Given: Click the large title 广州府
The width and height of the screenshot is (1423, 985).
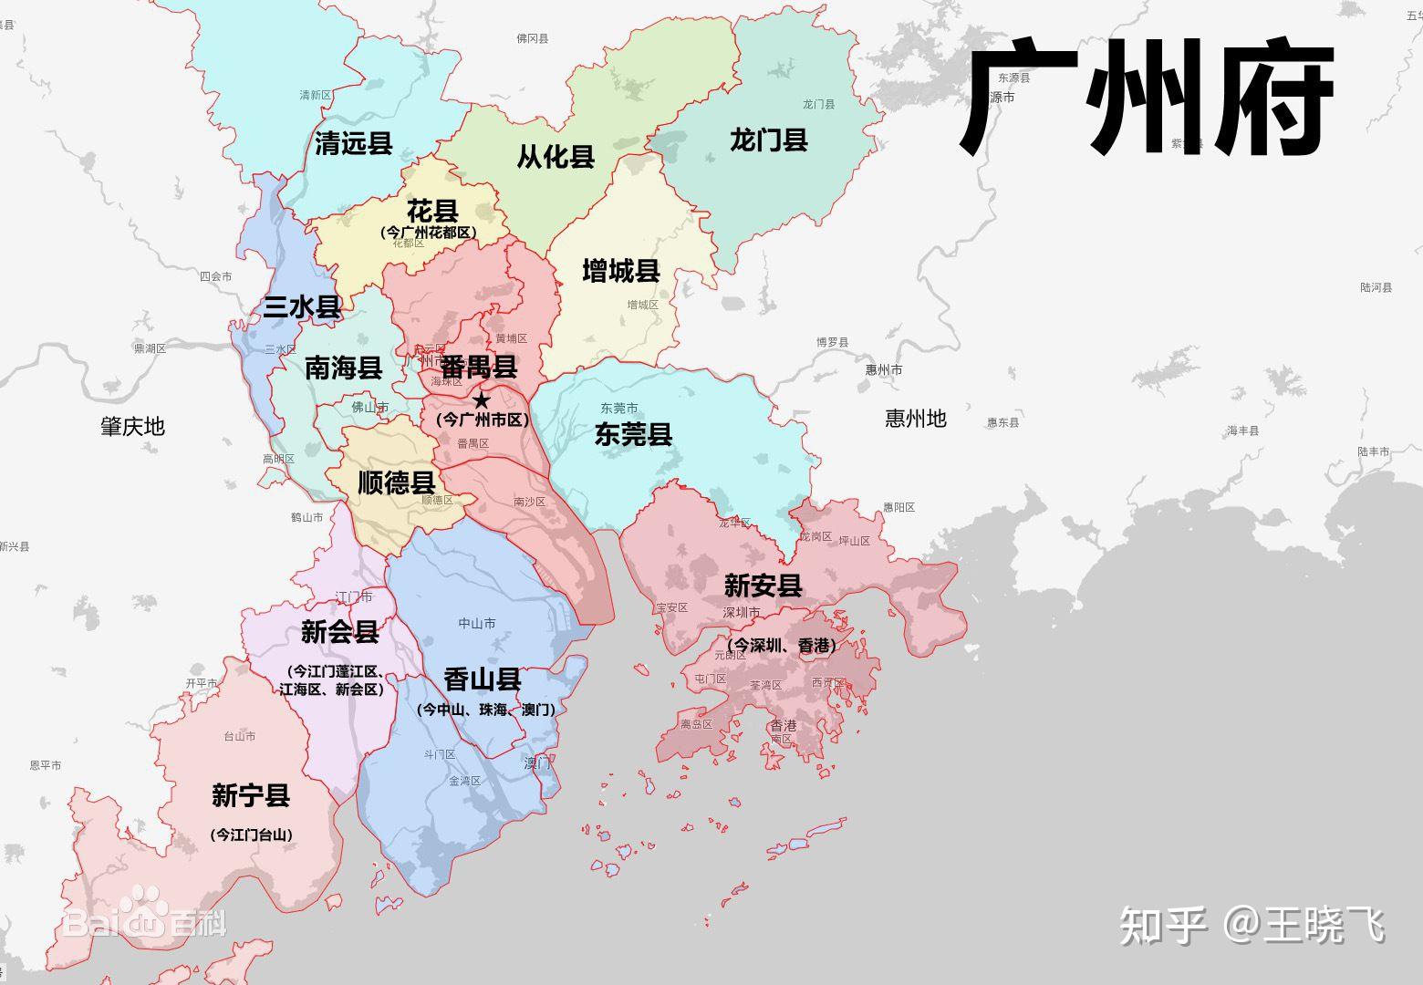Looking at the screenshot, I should click(1148, 98).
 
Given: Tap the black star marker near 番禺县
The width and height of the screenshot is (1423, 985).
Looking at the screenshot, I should click(481, 399).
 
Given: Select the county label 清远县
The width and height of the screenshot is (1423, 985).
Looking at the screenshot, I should click(353, 143).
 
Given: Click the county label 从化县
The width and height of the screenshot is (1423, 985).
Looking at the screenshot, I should click(556, 157).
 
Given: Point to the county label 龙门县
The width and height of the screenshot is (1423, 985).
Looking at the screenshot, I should click(769, 140).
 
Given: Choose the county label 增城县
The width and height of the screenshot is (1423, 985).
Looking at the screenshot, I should click(621, 271).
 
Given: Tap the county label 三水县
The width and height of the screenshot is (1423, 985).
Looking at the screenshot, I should click(302, 307).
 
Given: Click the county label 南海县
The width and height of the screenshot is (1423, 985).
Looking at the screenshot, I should click(343, 368).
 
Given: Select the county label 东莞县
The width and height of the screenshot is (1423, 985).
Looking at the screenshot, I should click(633, 434).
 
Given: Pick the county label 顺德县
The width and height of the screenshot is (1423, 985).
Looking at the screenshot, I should click(396, 482).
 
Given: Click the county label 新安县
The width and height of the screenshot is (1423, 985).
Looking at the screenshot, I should click(763, 586).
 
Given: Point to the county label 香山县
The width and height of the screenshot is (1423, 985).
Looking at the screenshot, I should click(483, 679).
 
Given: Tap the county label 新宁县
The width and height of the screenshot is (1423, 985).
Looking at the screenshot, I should click(251, 795).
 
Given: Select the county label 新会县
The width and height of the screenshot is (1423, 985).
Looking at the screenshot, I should click(339, 631).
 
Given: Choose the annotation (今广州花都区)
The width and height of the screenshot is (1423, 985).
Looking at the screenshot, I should click(429, 233).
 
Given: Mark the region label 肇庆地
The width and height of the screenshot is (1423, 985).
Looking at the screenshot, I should click(132, 426).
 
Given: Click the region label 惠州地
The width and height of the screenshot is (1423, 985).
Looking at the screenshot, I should click(916, 419).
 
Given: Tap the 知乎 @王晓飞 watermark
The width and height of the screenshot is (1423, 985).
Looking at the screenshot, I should click(1252, 926).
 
